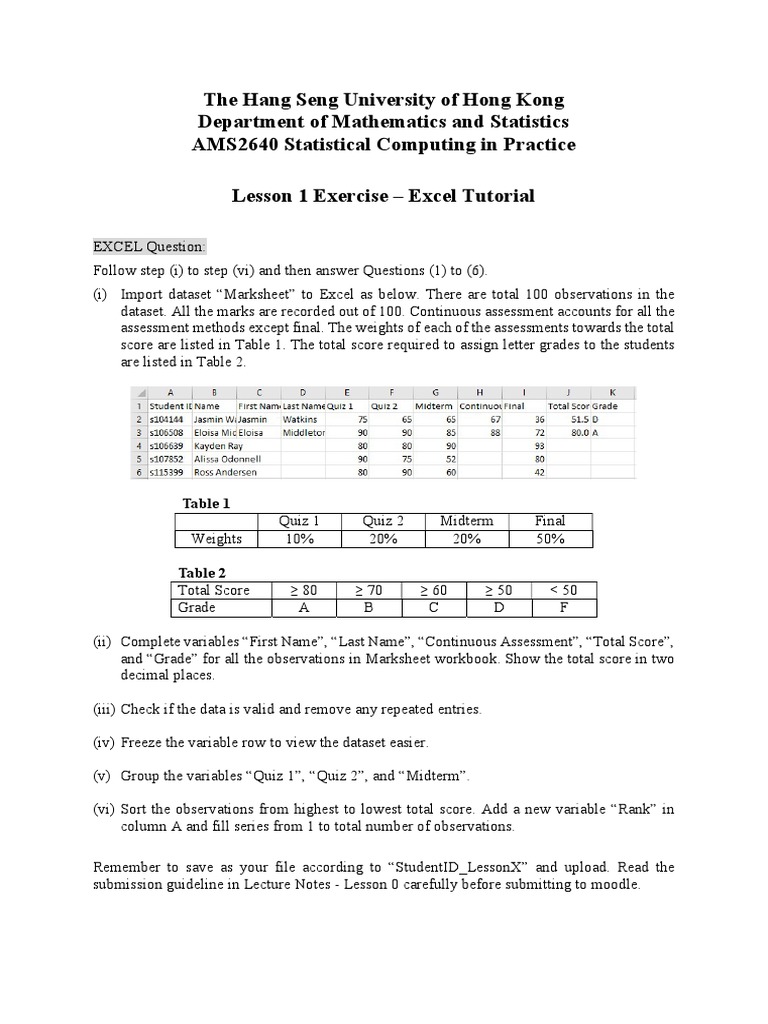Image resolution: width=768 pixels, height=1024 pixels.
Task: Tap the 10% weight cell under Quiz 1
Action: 299,539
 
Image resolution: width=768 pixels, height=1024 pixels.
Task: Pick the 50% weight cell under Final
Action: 550,539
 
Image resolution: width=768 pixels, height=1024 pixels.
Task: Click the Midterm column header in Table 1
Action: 466,521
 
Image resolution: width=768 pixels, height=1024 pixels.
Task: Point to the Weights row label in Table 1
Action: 216,539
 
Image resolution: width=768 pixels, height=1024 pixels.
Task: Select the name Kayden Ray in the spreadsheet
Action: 219,446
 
